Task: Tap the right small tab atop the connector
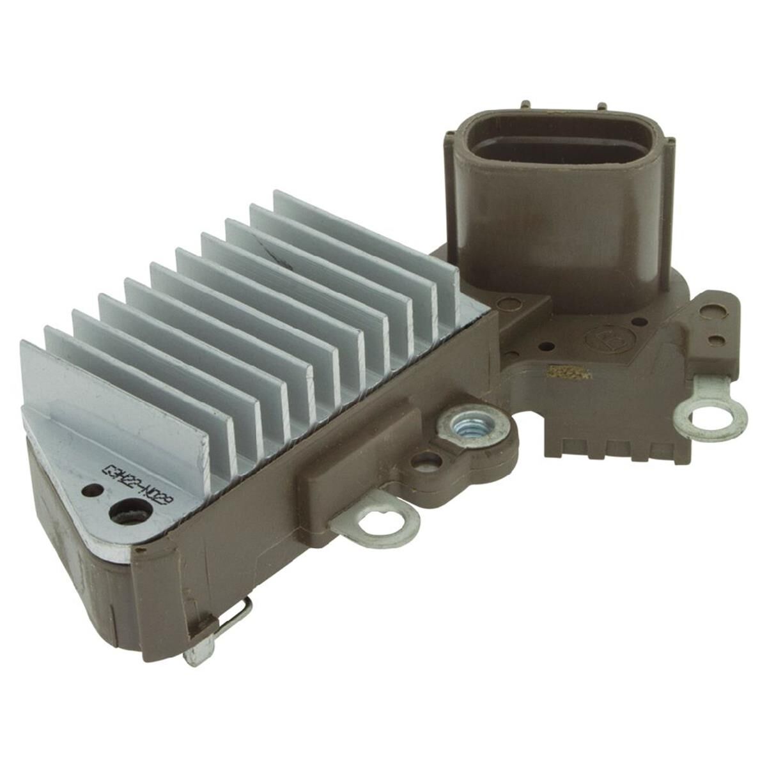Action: tap(601, 108)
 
